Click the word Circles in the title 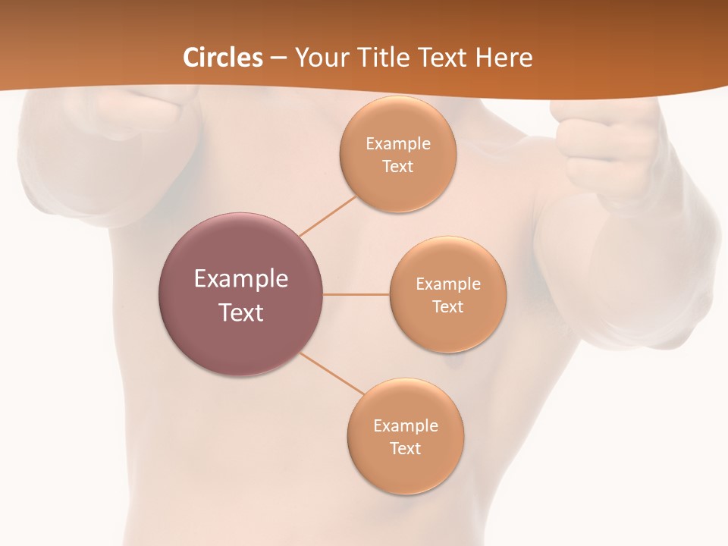pos(223,58)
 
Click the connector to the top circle pos(328,216)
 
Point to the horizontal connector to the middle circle pos(356,293)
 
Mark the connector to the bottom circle pos(331,373)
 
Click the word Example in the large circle pos(241,279)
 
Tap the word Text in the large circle pos(241,312)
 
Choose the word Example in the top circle pos(398,143)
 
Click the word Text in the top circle pos(398,166)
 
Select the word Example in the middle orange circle pos(448,284)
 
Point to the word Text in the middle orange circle pos(448,306)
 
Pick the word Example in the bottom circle pos(406,425)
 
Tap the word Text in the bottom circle pos(406,448)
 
